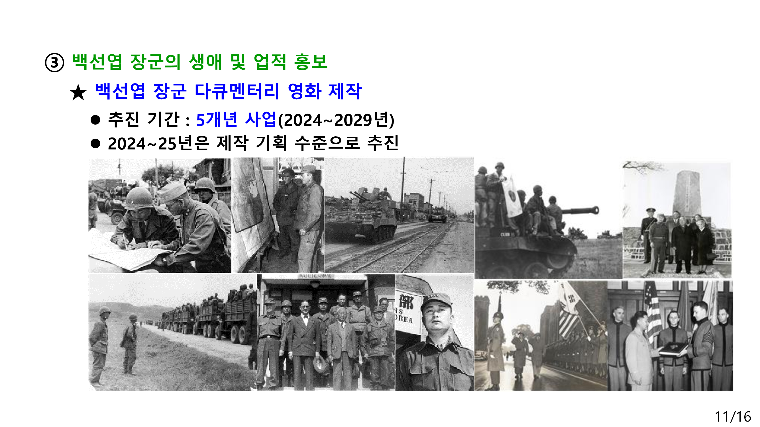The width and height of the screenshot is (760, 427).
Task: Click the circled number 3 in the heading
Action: pos(54,62)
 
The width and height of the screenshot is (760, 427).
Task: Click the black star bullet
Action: pos(78,92)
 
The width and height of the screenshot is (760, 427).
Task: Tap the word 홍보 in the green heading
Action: pos(311,62)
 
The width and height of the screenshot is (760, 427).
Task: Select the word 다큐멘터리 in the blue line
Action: pos(237,91)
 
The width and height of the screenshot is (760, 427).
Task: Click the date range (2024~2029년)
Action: pos(336,120)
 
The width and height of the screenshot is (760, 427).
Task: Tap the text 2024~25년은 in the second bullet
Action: pos(159,143)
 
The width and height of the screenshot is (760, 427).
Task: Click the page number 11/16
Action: pos(733,416)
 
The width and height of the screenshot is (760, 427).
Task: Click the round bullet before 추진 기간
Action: pos(95,120)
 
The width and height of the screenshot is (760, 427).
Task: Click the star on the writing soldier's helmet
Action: pos(132,202)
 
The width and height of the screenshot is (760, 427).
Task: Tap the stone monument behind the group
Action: pos(686,194)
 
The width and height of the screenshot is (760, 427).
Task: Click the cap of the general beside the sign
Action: pos(436,301)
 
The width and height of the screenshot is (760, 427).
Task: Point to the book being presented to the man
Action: pos(674,350)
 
